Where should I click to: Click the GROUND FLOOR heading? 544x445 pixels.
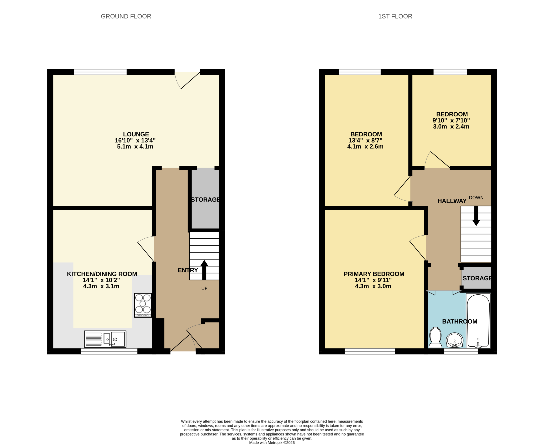point(126,16)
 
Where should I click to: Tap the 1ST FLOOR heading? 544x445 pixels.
point(395,16)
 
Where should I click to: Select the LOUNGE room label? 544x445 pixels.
point(136,134)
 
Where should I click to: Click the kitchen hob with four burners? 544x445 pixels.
point(143,305)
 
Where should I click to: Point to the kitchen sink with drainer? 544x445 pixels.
point(105,339)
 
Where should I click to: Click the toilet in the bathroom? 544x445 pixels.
point(435,337)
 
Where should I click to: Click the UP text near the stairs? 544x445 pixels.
point(204,288)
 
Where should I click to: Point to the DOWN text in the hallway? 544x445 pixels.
point(476,198)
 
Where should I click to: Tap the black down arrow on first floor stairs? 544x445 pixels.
point(476,216)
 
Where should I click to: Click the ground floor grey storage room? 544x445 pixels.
point(205,198)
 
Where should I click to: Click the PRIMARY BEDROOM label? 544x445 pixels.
point(374,274)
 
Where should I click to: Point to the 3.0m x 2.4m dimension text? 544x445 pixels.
point(451,126)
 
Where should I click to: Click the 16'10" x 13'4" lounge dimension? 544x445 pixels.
point(135,140)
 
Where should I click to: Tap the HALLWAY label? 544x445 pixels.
point(452,201)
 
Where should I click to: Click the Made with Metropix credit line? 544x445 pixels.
point(272,443)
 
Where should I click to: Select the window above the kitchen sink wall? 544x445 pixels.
point(109,352)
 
